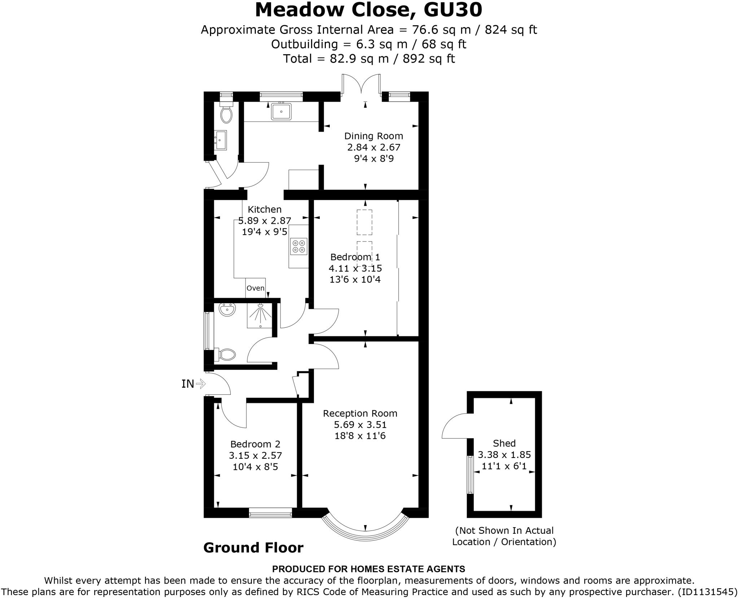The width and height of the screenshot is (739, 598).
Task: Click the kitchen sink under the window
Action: click(x=281, y=111)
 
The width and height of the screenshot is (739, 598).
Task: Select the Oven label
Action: click(x=255, y=288)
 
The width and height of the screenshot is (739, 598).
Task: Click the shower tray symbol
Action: click(x=259, y=315)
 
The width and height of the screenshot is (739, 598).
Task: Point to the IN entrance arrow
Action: click(x=200, y=384)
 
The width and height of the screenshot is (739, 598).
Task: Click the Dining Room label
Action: click(x=373, y=136)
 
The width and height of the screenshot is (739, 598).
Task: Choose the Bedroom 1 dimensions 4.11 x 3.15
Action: click(x=355, y=269)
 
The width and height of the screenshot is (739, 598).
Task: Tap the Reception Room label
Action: click(x=360, y=413)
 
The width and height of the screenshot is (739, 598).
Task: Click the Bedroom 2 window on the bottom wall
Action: click(x=270, y=512)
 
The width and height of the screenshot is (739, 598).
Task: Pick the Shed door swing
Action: click(x=455, y=427)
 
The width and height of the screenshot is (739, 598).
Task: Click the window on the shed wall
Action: click(x=470, y=475)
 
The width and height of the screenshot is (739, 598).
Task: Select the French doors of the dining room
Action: click(x=361, y=85)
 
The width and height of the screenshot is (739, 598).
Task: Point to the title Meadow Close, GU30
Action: click(x=368, y=10)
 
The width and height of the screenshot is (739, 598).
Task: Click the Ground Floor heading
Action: click(x=253, y=547)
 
